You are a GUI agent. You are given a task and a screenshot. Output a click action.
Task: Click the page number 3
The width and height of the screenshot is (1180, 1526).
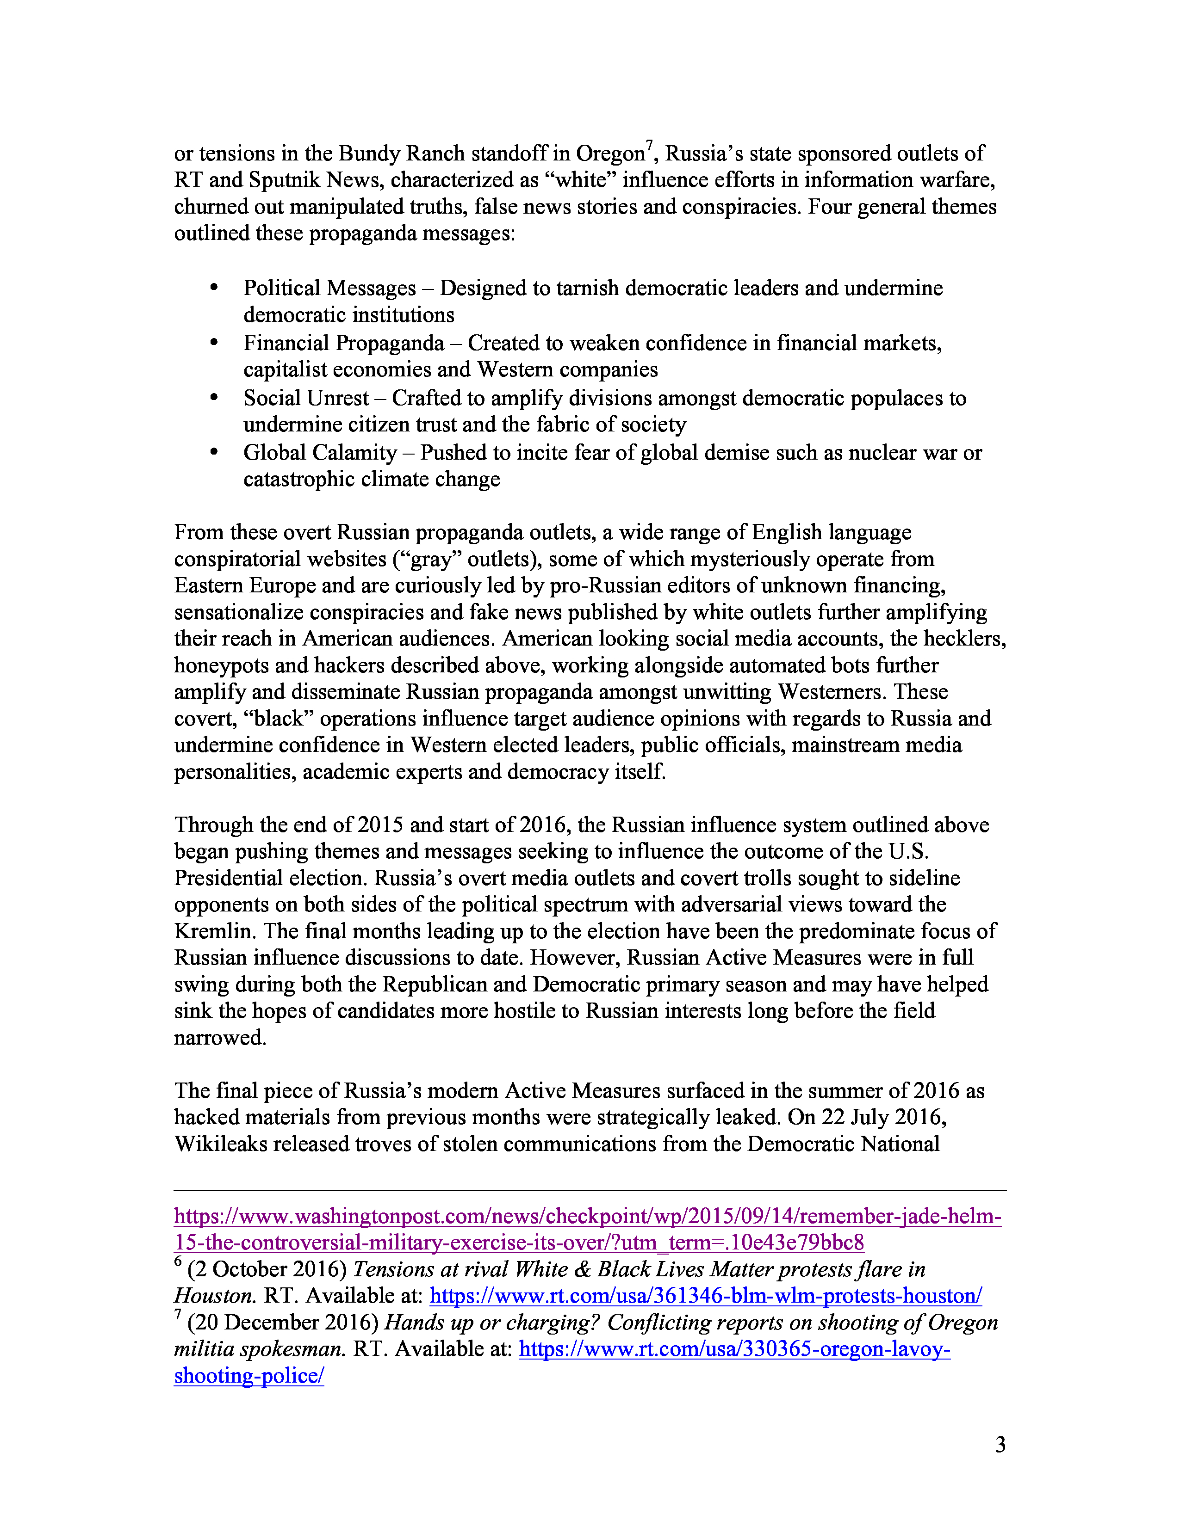pyautogui.click(x=1000, y=1444)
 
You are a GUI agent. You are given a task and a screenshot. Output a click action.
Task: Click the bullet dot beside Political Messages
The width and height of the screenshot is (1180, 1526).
pyautogui.click(x=214, y=287)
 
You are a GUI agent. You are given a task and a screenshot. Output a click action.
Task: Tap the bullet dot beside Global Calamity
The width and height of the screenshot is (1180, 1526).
pyautogui.click(x=214, y=452)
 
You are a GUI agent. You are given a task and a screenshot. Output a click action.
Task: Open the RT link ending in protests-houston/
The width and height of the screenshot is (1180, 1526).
pyautogui.click(x=705, y=1296)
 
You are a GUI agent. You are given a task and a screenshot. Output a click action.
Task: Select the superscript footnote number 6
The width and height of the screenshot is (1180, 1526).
pyautogui.click(x=178, y=1262)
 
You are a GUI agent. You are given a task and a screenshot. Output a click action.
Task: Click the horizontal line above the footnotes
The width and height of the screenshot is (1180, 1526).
pyautogui.click(x=590, y=1190)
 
